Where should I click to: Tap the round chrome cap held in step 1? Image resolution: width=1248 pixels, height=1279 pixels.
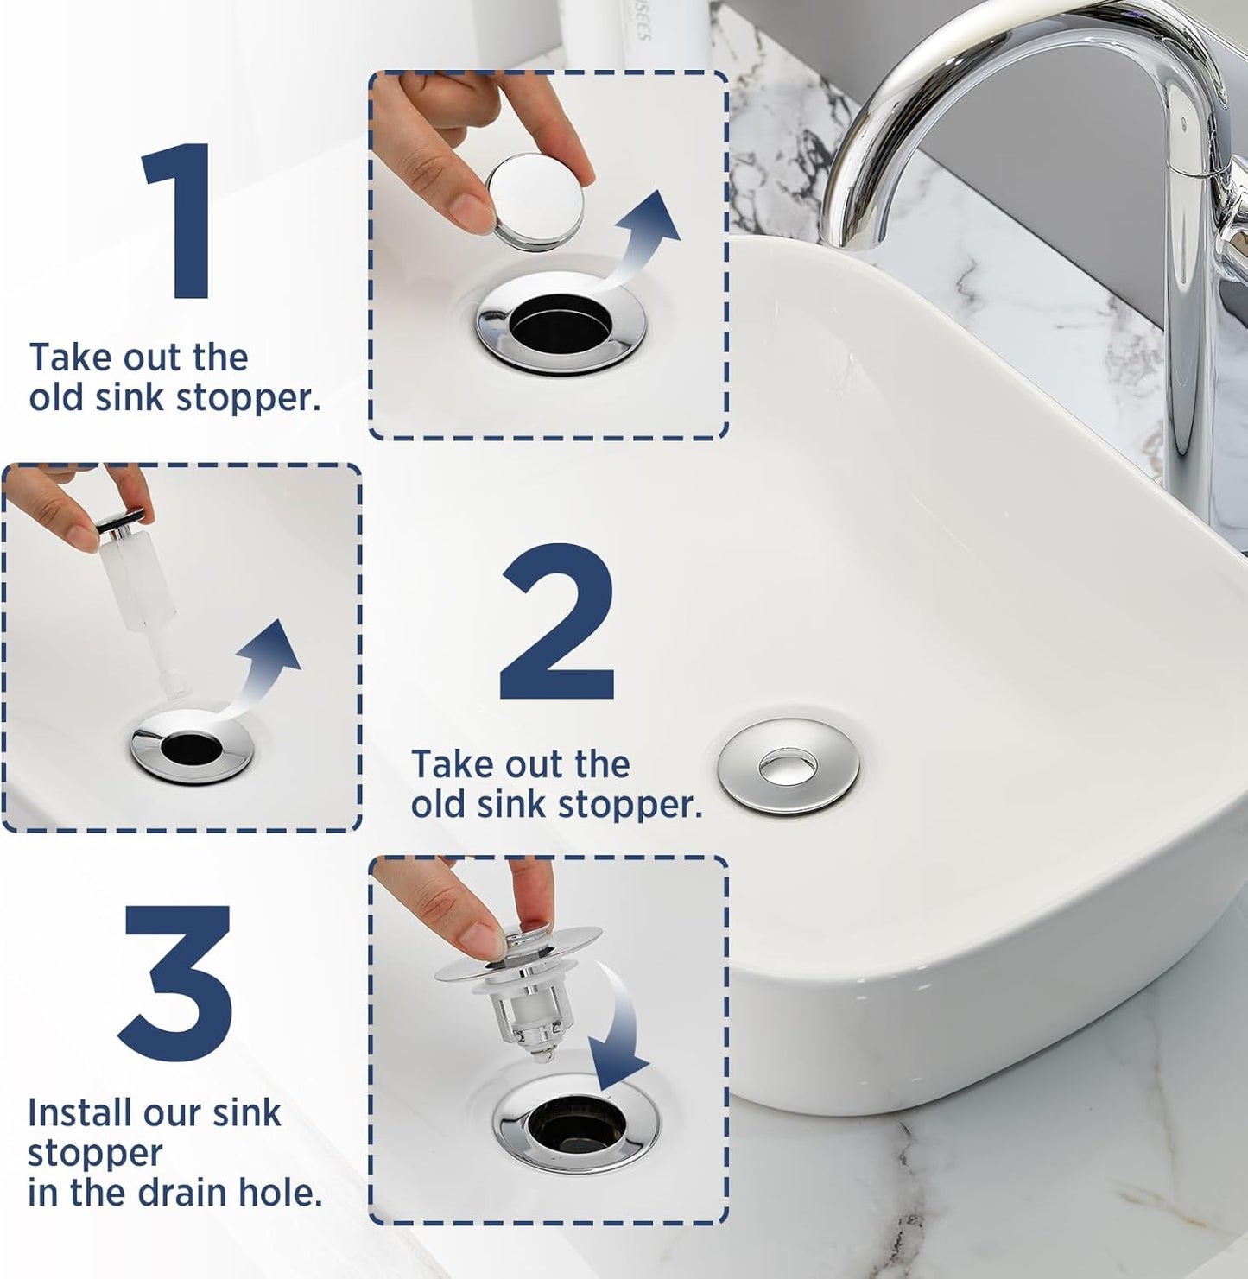tap(535, 201)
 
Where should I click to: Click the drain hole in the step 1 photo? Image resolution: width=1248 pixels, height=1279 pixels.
tap(560, 325)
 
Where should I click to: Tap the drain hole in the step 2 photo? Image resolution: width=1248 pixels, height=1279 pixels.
tap(192, 748)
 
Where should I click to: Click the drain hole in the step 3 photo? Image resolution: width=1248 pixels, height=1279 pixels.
tap(575, 1122)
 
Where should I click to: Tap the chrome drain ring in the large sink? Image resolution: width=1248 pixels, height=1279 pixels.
tap(787, 767)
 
